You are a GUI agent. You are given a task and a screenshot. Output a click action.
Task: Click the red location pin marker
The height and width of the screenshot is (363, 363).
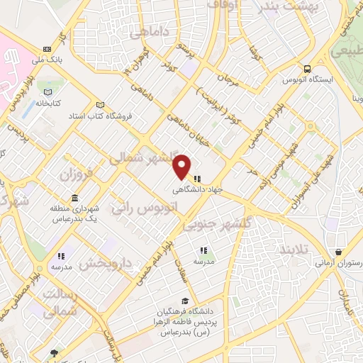click(x=182, y=166)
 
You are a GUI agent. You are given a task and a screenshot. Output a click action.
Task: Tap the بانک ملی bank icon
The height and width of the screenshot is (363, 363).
click(x=47, y=49)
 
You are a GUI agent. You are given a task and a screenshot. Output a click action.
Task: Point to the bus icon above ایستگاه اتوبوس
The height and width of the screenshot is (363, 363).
click(x=307, y=69)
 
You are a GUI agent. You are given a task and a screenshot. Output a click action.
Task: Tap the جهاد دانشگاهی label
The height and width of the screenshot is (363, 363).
click(x=197, y=191)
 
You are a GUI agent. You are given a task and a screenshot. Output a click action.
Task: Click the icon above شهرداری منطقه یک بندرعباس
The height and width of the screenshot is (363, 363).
click(x=74, y=198)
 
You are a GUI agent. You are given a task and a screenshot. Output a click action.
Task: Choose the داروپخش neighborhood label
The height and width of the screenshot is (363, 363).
click(x=106, y=264)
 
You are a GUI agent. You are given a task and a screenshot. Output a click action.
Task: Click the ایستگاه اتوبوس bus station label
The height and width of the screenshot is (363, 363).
click(x=307, y=80)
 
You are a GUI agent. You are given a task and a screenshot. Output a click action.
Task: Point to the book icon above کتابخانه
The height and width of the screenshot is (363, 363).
click(x=48, y=92)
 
